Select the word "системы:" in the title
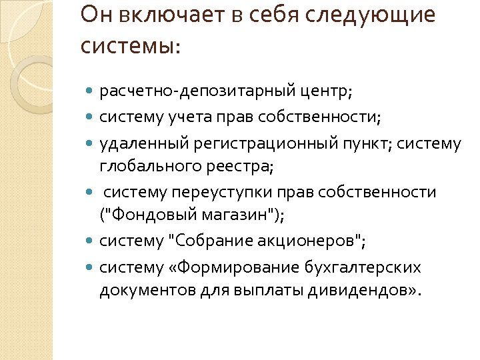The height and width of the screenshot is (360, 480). coord(130,46)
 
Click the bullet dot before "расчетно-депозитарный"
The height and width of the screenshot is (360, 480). coord(91,89)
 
